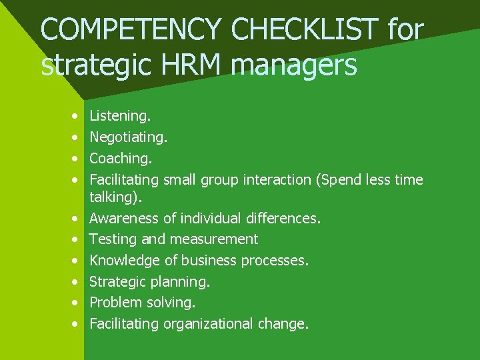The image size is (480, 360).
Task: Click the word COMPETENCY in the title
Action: tap(129, 29)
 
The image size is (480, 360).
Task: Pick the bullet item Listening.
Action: tap(120, 116)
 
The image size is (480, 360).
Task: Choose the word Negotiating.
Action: tap(129, 137)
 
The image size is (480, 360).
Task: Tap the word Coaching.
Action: tap(121, 159)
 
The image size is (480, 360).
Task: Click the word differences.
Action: tap(283, 218)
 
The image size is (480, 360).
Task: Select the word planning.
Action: tap(183, 281)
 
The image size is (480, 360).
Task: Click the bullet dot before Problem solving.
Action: tap(76, 303)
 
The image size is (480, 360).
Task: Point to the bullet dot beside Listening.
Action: tap(76, 116)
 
